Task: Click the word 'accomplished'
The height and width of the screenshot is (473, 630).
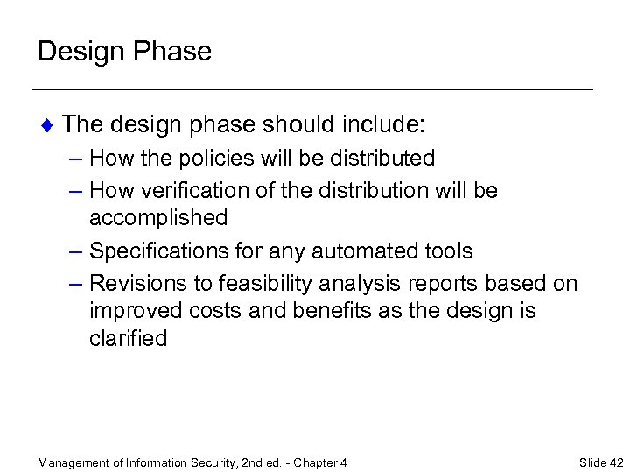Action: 158,217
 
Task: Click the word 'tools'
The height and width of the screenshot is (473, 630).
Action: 445,251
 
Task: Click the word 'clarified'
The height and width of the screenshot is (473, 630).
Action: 128,339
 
